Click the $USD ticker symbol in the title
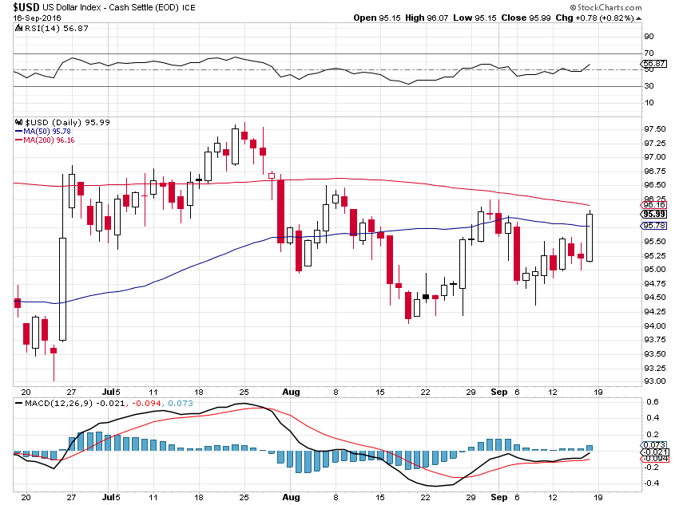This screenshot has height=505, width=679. tap(26, 8)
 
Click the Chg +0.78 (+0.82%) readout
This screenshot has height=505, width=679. tap(631, 18)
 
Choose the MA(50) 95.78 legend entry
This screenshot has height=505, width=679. tap(41, 132)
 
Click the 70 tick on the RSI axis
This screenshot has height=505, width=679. tap(649, 53)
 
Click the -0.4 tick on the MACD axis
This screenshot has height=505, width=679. tap(651, 483)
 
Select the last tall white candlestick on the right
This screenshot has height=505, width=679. tap(590, 237)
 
